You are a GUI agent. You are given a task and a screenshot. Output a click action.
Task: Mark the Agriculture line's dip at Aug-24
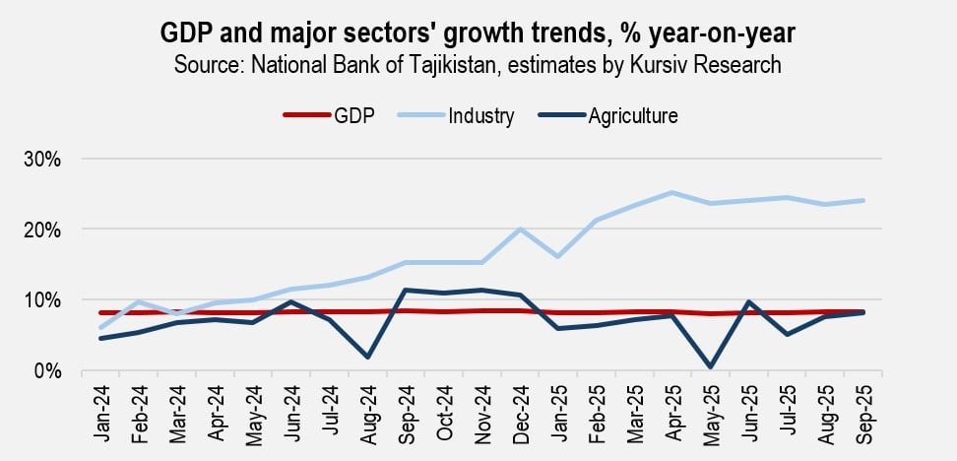(x=367, y=357)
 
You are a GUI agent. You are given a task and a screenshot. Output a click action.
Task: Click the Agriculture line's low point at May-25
(x=709, y=366)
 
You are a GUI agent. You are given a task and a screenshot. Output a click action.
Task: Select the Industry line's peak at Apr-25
(x=671, y=193)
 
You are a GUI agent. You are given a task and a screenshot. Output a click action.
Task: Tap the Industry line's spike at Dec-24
(x=519, y=230)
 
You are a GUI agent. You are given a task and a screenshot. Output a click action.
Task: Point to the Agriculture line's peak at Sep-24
(x=406, y=291)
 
